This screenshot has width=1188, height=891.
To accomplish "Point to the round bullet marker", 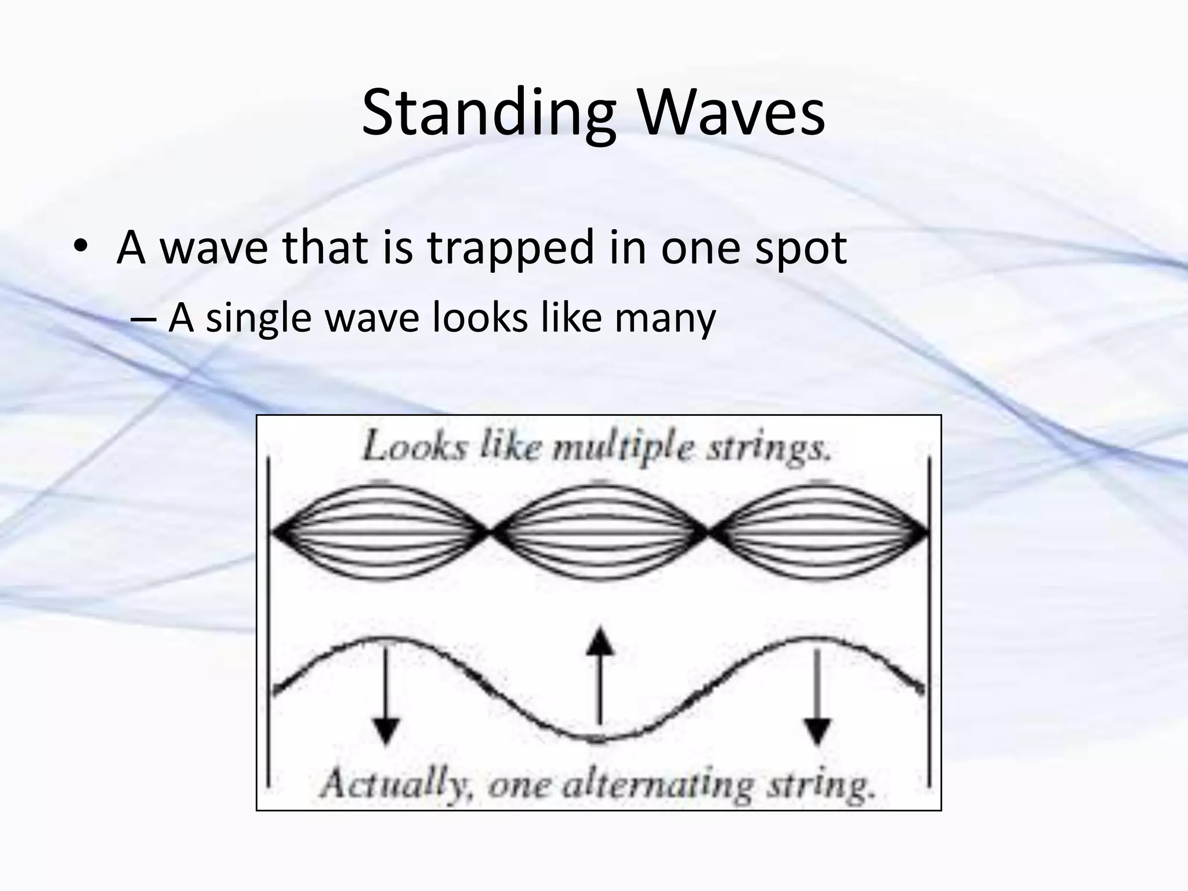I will [x=81, y=248].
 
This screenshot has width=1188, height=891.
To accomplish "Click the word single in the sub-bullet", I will [x=259, y=319].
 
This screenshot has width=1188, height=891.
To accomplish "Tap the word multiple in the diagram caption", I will [x=622, y=450].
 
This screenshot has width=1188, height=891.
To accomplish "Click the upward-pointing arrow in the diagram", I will [x=600, y=676].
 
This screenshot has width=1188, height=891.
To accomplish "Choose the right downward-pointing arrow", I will [x=817, y=696].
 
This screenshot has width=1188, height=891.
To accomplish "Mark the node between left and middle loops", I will [x=490, y=531].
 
